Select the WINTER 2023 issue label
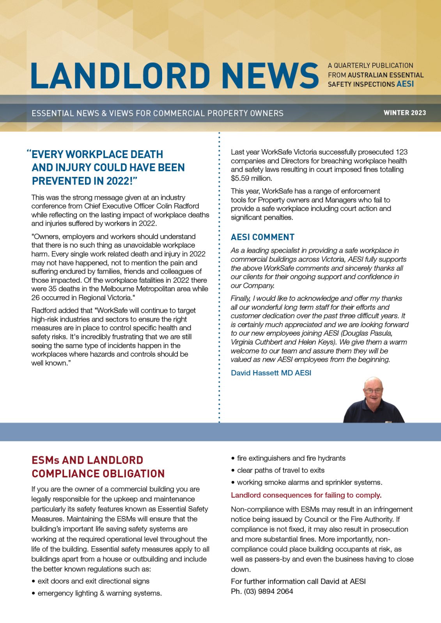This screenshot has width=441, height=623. [404, 113]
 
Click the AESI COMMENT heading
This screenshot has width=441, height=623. [262, 237]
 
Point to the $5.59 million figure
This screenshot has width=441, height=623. [251, 178]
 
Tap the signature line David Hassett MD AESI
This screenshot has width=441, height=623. [271, 373]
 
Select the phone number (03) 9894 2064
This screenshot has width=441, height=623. [268, 591]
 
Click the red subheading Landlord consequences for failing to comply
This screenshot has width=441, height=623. [306, 495]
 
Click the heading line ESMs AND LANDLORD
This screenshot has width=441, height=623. [87, 460]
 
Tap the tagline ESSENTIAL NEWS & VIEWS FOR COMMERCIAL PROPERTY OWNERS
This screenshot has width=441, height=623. [158, 113]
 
